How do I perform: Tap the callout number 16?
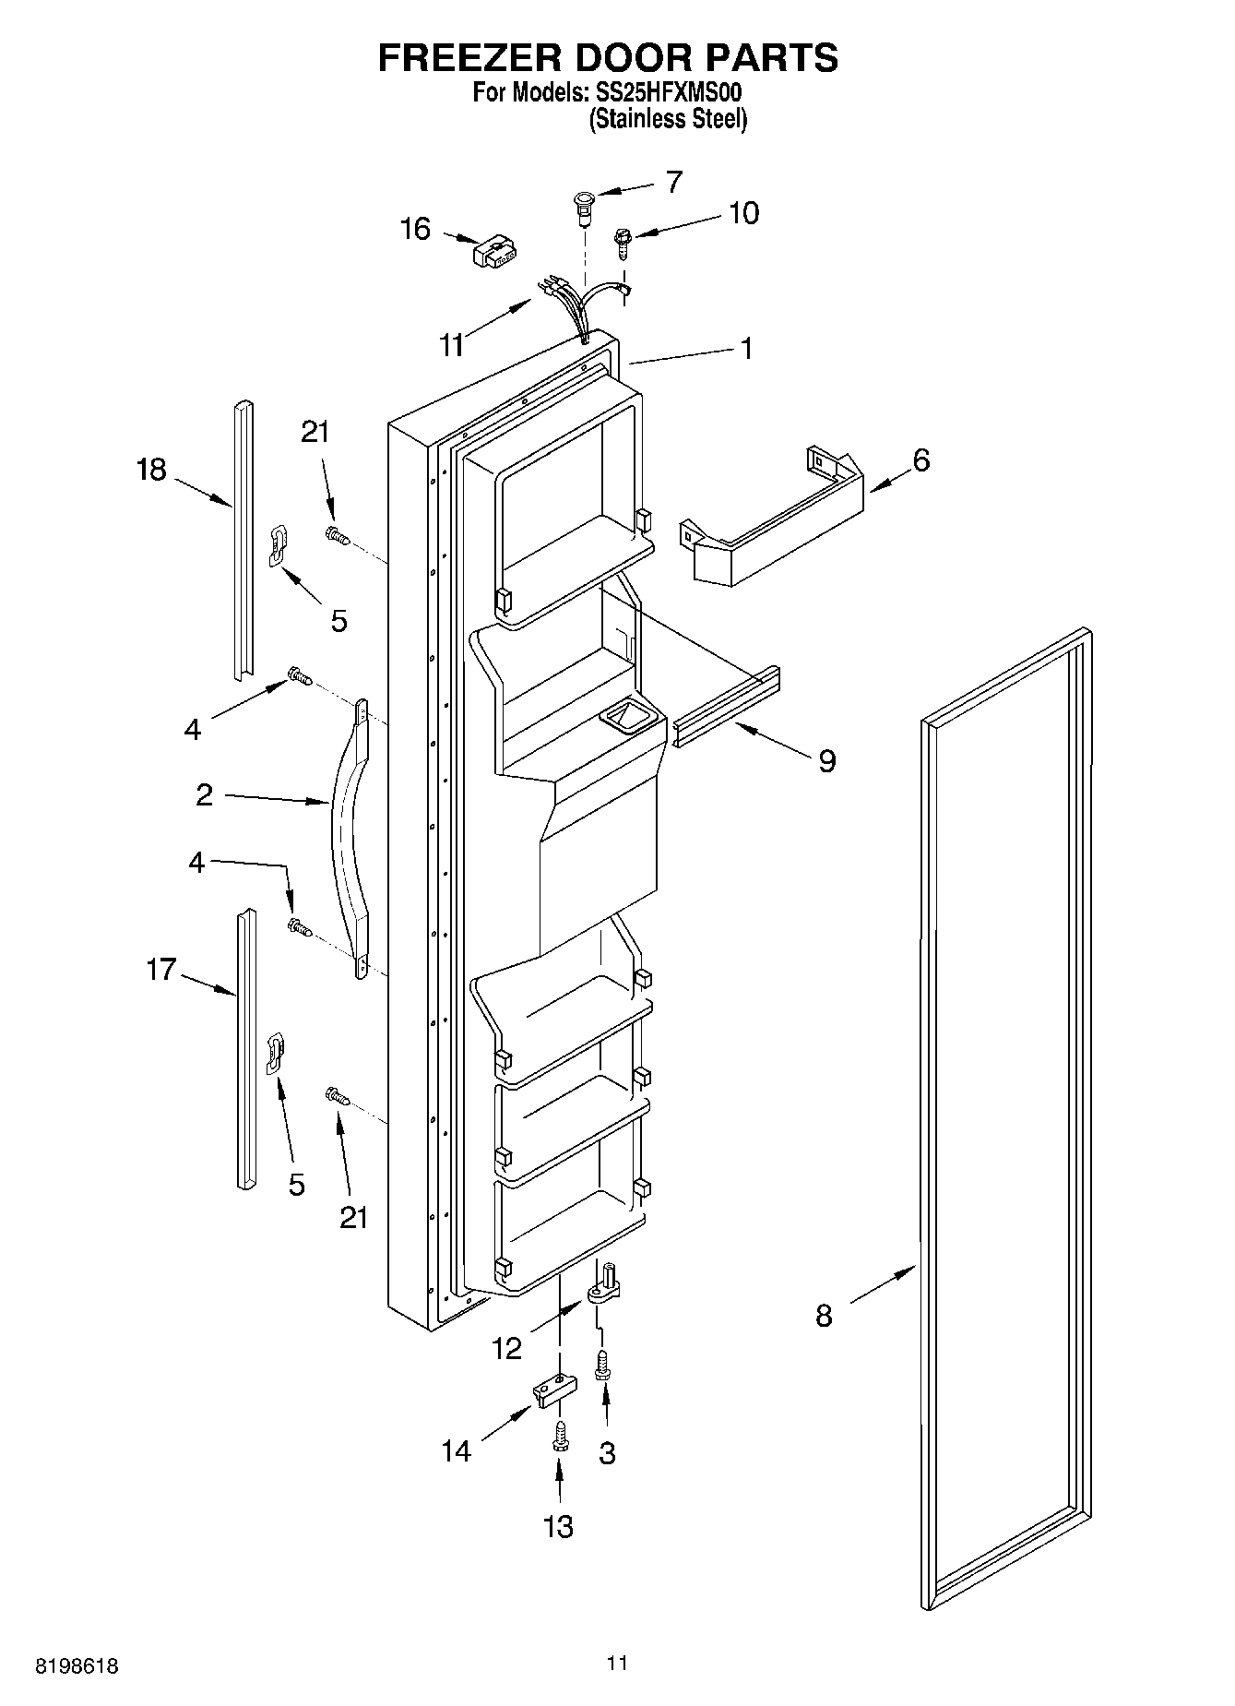pyautogui.click(x=415, y=229)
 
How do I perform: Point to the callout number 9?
pyautogui.click(x=826, y=761)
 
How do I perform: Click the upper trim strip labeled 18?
pyautogui.click(x=243, y=540)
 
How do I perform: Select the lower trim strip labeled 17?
pyautogui.click(x=244, y=1047)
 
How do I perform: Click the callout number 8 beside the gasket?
pyautogui.click(x=824, y=1315)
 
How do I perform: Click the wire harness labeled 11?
pyautogui.click(x=576, y=304)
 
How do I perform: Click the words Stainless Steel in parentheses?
pyautogui.click(x=669, y=119)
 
